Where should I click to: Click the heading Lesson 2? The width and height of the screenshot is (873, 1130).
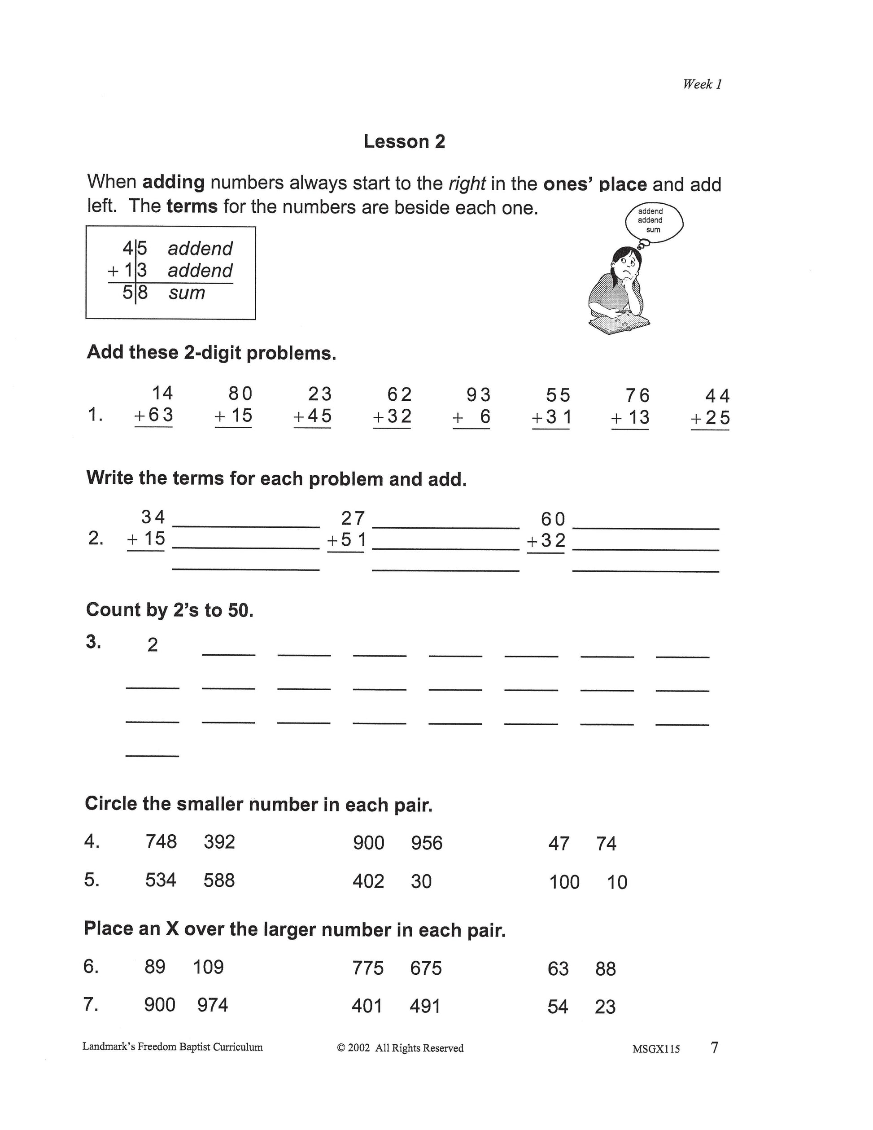click(404, 141)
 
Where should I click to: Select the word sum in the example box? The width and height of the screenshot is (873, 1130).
click(187, 293)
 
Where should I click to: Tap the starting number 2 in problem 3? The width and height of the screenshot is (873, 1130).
click(152, 645)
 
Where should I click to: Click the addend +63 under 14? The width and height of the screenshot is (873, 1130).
click(153, 415)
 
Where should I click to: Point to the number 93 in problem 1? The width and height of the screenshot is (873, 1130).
click(478, 395)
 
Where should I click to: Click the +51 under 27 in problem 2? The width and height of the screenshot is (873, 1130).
click(346, 540)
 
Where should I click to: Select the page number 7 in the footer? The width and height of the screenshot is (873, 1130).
click(714, 1048)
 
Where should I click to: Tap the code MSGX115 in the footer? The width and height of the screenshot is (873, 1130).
click(656, 1049)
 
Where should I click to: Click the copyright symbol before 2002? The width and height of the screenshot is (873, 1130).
click(341, 1048)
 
